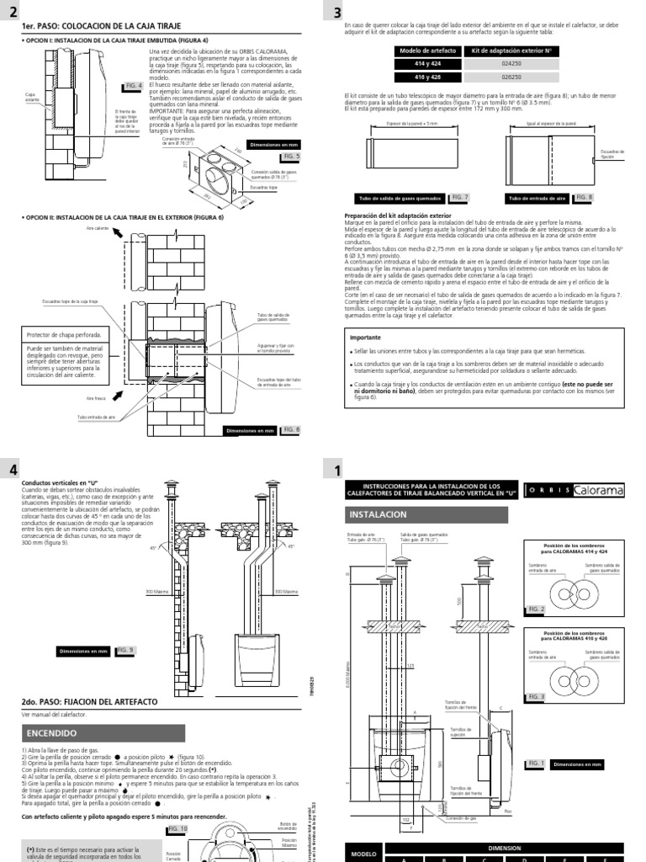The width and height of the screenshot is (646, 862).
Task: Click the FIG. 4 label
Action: tap(134, 85)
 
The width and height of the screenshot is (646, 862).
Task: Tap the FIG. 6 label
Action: tap(290, 429)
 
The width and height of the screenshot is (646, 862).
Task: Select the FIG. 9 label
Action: tap(125, 650)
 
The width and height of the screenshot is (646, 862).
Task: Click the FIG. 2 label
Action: tap(536, 609)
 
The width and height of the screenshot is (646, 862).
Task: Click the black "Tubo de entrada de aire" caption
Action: tap(535, 199)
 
